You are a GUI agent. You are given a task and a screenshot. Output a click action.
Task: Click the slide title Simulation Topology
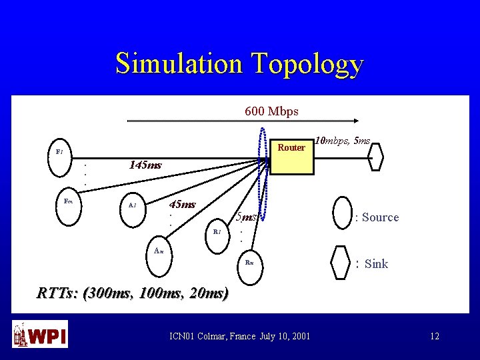(239, 64)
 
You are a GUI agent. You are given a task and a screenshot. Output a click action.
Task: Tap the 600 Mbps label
(271, 111)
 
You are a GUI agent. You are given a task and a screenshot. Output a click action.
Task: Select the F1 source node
(59, 152)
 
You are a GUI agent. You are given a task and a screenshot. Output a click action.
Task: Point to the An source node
(159, 251)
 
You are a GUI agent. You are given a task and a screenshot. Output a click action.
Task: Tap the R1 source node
(216, 232)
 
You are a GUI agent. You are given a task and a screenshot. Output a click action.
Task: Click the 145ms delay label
(145, 165)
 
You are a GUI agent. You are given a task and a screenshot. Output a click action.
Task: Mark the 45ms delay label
(183, 204)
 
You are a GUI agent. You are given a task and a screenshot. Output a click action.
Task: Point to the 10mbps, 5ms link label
(343, 141)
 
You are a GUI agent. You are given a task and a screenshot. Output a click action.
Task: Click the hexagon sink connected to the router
(376, 159)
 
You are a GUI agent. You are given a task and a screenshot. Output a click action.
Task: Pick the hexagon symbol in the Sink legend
(342, 263)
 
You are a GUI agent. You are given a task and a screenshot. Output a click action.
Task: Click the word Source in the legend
(380, 217)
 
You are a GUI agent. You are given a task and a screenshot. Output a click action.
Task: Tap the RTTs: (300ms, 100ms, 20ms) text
(132, 293)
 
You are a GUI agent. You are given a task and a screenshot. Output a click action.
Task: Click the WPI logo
(39, 334)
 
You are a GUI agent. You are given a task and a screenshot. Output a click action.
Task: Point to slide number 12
(435, 336)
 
